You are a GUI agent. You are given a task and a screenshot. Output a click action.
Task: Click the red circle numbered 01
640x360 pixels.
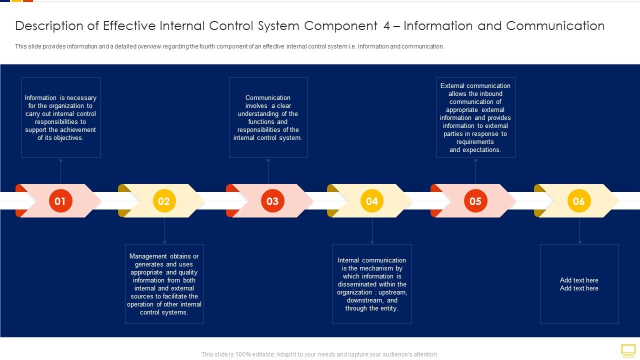[60, 201]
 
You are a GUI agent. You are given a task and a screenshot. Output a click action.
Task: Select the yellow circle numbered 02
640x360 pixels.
[164, 201]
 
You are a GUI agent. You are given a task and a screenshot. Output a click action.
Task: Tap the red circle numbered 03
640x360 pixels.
[272, 201]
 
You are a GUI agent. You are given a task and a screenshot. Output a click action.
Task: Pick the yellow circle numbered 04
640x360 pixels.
[371, 201]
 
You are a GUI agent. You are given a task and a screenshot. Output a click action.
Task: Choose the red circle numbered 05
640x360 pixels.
[475, 201]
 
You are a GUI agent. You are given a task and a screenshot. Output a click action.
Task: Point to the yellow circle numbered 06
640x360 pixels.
[579, 201]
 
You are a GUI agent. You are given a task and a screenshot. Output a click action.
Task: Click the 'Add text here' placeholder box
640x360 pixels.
[579, 284]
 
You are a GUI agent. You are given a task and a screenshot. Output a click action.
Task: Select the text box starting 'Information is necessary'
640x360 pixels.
[60, 118]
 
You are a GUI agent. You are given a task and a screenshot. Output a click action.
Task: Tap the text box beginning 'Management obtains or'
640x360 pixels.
[164, 284]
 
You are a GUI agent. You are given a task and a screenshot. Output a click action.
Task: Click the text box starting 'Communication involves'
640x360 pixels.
[268, 118]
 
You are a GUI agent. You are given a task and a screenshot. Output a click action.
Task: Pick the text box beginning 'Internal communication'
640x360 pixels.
[372, 284]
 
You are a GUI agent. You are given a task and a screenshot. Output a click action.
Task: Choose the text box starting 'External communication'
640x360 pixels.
[475, 118]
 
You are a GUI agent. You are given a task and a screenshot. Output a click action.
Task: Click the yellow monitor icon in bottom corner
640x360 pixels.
[628, 350]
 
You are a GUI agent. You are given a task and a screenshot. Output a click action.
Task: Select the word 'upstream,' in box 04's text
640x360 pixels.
[392, 292]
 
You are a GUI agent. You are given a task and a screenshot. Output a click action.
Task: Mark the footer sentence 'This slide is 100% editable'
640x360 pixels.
[319, 354]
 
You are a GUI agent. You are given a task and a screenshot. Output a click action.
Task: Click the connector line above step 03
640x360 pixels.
[268, 171]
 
